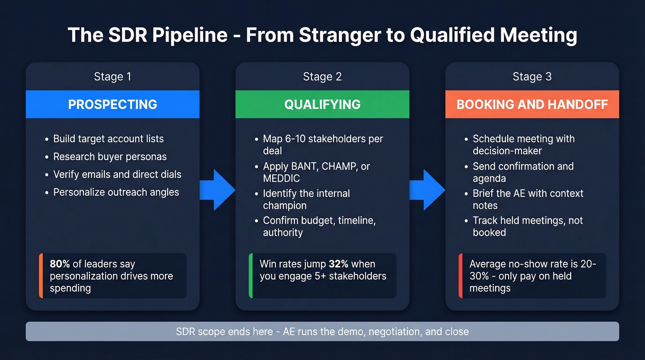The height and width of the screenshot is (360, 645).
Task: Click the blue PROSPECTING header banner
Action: [112, 104]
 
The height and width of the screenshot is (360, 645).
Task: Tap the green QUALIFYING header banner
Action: [322, 104]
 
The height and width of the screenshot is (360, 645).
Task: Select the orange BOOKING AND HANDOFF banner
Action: [532, 104]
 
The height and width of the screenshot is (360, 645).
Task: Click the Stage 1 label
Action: [112, 77]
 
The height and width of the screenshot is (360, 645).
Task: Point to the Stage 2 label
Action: [322, 77]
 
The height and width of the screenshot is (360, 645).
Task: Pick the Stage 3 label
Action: [532, 77]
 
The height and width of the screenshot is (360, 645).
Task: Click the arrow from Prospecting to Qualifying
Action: [217, 190]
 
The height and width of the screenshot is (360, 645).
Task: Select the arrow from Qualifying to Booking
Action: [427, 190]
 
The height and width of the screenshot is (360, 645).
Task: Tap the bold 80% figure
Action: [59, 264]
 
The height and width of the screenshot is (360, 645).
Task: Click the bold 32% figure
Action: [339, 264]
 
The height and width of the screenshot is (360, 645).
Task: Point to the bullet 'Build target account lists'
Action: [108, 139]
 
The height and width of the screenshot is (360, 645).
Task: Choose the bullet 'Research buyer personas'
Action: [110, 157]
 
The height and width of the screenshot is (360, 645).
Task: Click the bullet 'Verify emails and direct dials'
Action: [117, 175]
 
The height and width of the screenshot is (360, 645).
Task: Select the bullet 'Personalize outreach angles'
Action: [116, 192]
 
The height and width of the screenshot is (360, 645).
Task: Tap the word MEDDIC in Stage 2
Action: [281, 178]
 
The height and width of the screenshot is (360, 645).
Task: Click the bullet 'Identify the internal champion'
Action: [306, 199]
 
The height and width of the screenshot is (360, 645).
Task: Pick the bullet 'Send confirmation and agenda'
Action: [523, 172]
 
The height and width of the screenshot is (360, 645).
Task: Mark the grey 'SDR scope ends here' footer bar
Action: [322, 331]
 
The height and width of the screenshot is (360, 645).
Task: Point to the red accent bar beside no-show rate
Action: [461, 276]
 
